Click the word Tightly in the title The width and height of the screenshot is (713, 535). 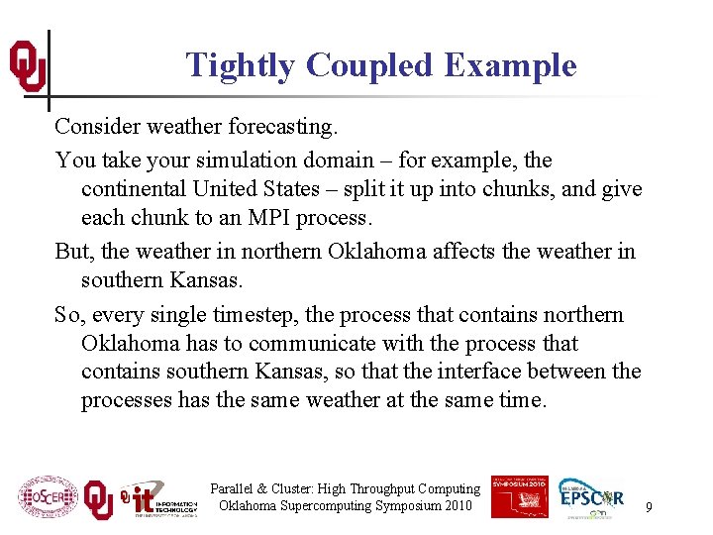click(241, 65)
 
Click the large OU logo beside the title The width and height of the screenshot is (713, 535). click(27, 66)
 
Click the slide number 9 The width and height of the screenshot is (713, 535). click(649, 507)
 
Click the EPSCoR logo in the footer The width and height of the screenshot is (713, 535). click(591, 496)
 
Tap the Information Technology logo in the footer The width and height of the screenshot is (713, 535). click(157, 499)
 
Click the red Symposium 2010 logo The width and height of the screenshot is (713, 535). click(519, 496)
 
